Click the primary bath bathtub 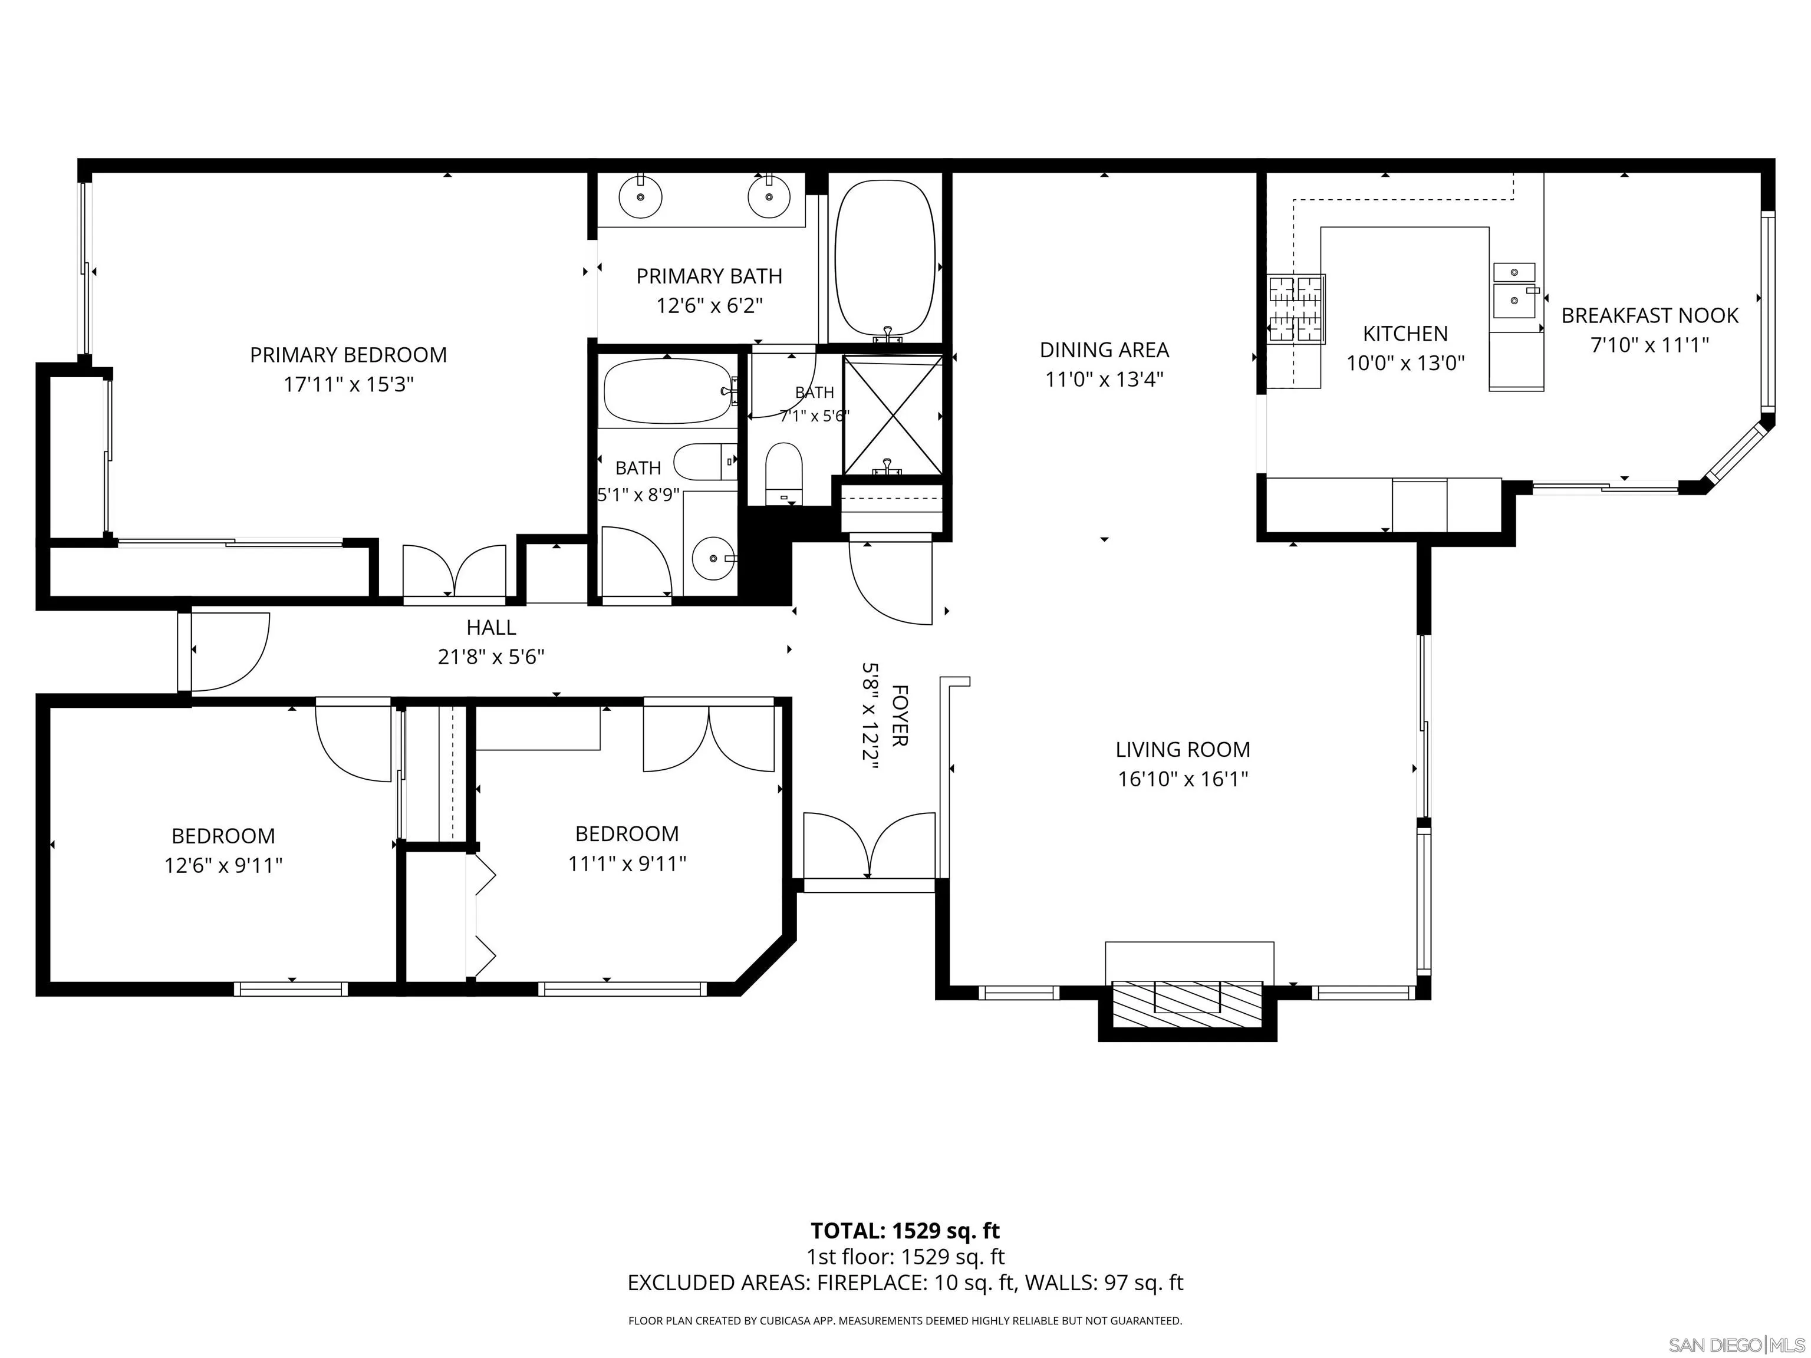pyautogui.click(x=885, y=257)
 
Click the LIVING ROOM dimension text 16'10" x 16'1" pyautogui.click(x=1183, y=779)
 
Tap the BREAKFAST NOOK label pyautogui.click(x=1649, y=316)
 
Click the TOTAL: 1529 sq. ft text pyautogui.click(x=905, y=1231)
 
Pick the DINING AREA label pyautogui.click(x=1104, y=350)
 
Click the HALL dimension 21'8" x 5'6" pyautogui.click(x=491, y=657)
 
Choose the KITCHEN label pyautogui.click(x=1405, y=334)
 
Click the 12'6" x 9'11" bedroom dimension pyautogui.click(x=223, y=865)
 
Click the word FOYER pyautogui.click(x=899, y=716)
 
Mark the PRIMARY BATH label pyautogui.click(x=709, y=276)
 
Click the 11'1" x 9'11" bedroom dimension pyautogui.click(x=627, y=863)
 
